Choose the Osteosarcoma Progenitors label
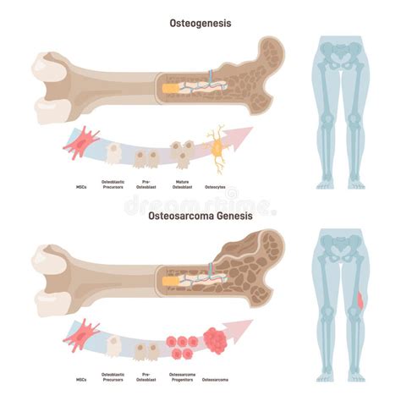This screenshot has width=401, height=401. point(183,376)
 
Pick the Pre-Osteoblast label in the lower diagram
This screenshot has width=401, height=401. point(146,376)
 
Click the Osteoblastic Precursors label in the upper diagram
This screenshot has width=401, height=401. point(112,184)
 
